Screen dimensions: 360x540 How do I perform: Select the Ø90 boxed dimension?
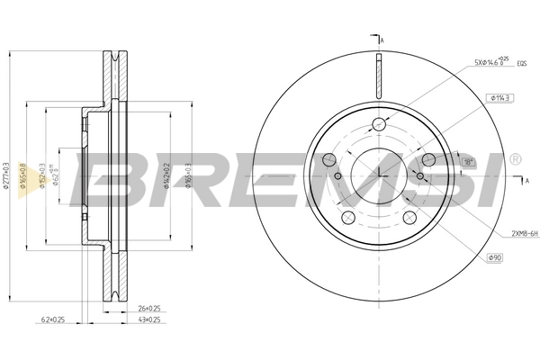(x=494, y=258)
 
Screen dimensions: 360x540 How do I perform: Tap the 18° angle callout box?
(x=467, y=161)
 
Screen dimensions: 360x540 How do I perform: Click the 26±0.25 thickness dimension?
(x=138, y=308)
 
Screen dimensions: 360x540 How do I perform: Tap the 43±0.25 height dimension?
(x=138, y=319)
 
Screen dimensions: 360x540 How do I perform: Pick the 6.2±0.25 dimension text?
(x=54, y=319)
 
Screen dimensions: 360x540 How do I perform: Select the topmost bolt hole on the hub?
(x=379, y=124)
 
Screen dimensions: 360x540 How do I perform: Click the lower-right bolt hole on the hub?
(x=409, y=217)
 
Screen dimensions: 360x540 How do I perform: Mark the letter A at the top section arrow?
(x=382, y=41)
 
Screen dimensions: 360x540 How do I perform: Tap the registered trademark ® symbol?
(x=514, y=159)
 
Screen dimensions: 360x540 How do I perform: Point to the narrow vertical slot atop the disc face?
(x=379, y=73)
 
